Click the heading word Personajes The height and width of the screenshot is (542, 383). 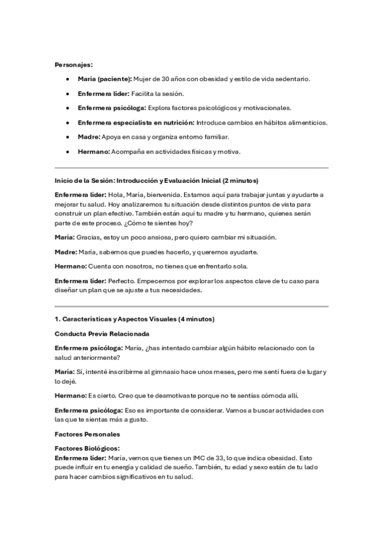[x=74, y=65]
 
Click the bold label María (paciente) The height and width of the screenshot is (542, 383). [x=104, y=79]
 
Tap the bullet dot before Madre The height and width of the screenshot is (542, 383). [x=68, y=137]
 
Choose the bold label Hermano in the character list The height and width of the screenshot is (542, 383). [x=93, y=151]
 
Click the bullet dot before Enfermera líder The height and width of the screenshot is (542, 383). [x=68, y=93]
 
